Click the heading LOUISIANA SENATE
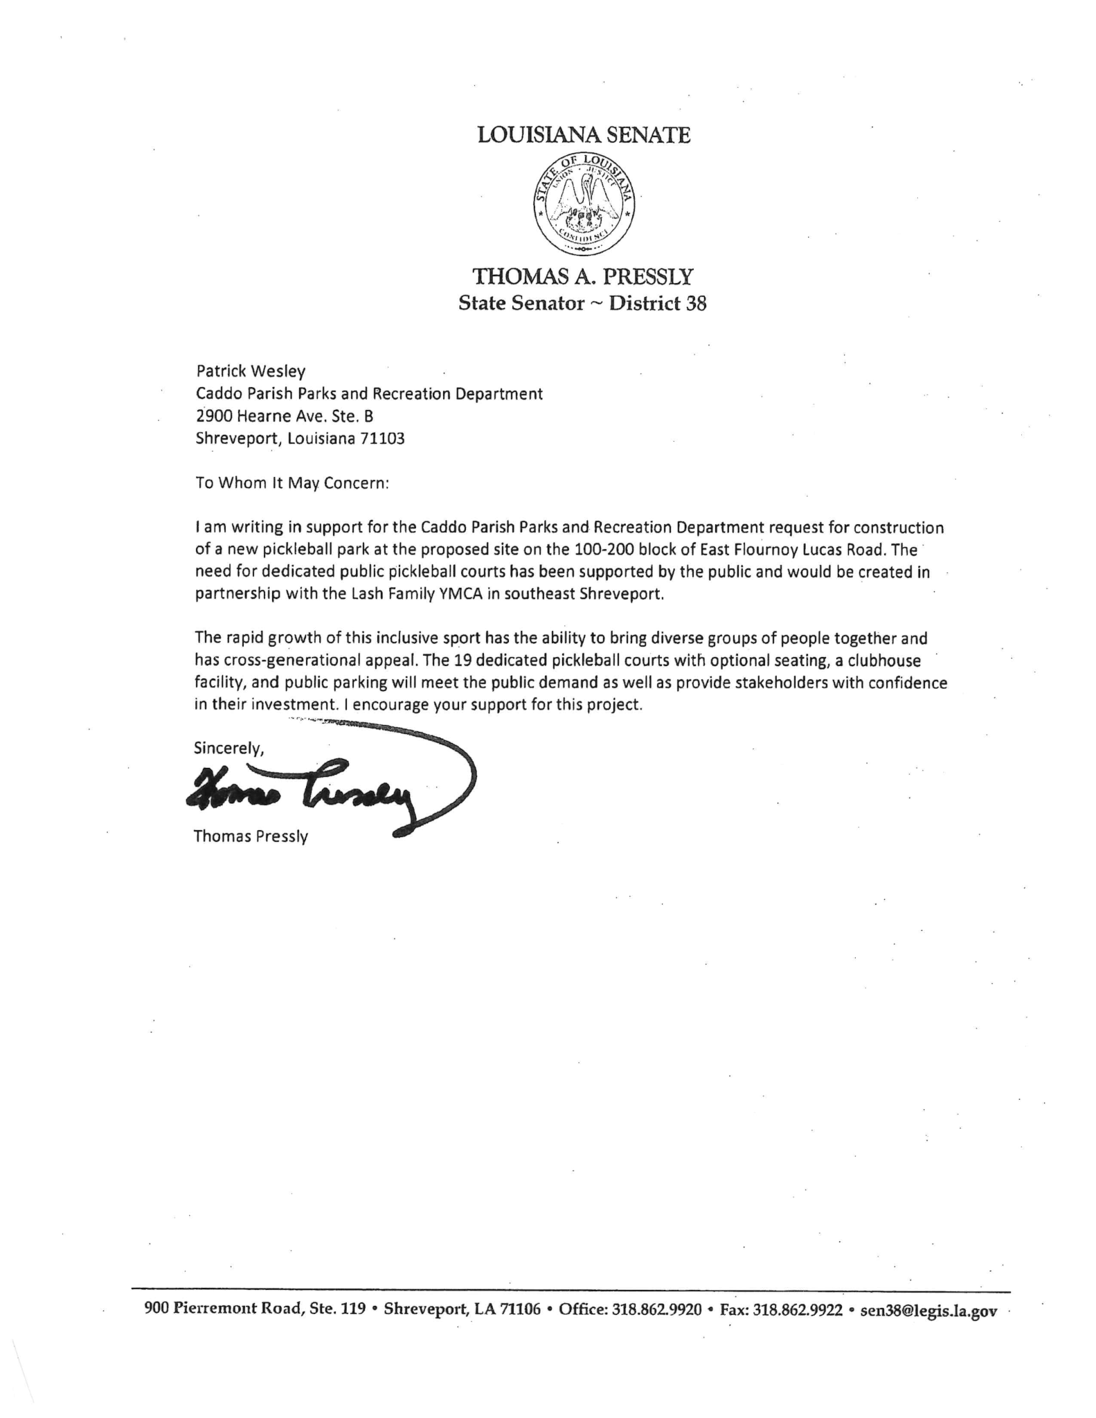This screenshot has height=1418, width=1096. [584, 135]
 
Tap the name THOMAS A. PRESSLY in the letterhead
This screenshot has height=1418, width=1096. [582, 278]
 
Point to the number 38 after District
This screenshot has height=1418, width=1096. [695, 304]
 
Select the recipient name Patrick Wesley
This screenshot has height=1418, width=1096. [251, 372]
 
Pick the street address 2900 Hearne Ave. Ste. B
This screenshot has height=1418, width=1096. [285, 417]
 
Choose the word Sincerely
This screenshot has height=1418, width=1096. [228, 748]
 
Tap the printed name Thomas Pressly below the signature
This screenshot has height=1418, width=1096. [251, 836]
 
